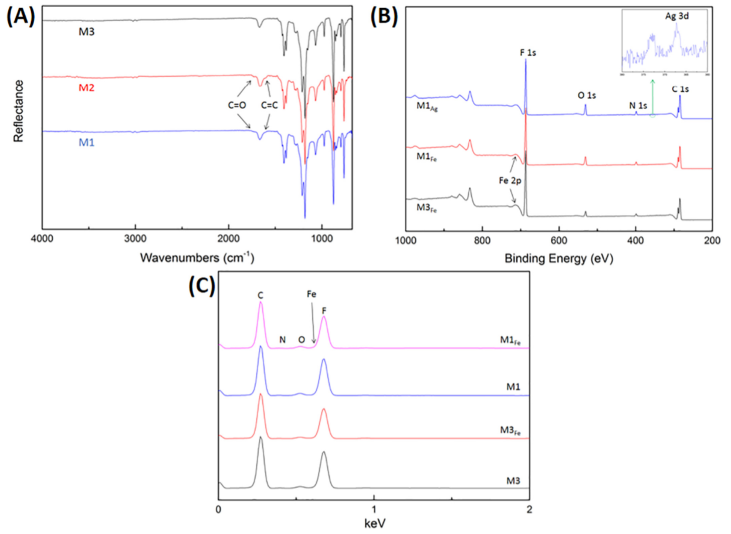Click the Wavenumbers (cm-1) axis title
coord(197,257)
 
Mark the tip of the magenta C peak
coord(260,302)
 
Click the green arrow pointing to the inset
coord(652,100)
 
